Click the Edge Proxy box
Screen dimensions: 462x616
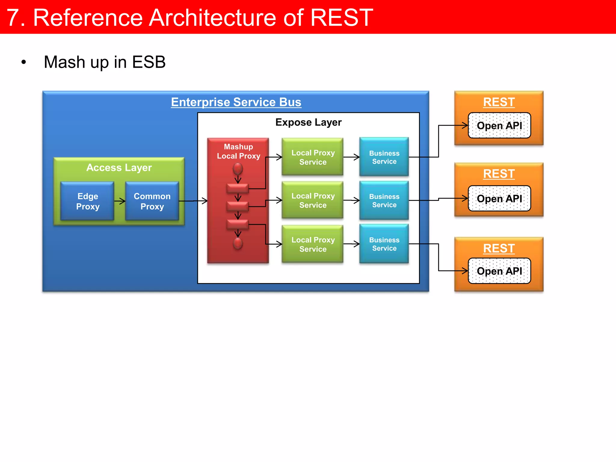pyautogui.click(x=87, y=201)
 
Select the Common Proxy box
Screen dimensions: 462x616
pyautogui.click(x=152, y=201)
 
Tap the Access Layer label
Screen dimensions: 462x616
pyautogui.click(x=119, y=168)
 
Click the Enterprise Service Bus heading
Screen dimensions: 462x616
pyautogui.click(x=236, y=102)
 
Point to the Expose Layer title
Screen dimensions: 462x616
pyautogui.click(x=308, y=122)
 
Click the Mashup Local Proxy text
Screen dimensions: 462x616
pyautogui.click(x=239, y=151)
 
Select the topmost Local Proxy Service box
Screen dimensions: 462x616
pyautogui.click(x=313, y=157)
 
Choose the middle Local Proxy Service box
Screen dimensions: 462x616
pyautogui.click(x=313, y=200)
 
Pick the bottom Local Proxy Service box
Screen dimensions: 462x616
pyautogui.click(x=313, y=244)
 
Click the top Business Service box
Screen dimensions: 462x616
pyautogui.click(x=384, y=157)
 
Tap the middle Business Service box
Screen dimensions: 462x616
pyautogui.click(x=384, y=200)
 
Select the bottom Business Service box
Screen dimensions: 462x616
pyautogui.click(x=384, y=244)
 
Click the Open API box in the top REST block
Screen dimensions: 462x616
pyautogui.click(x=499, y=125)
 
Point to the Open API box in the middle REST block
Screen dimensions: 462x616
pyautogui.click(x=499, y=199)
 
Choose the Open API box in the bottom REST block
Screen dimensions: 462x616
pyautogui.click(x=499, y=271)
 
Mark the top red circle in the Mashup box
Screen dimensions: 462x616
pyautogui.click(x=238, y=169)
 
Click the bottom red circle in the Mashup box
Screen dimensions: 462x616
pyautogui.click(x=238, y=243)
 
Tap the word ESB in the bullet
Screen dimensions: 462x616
pyautogui.click(x=149, y=62)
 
